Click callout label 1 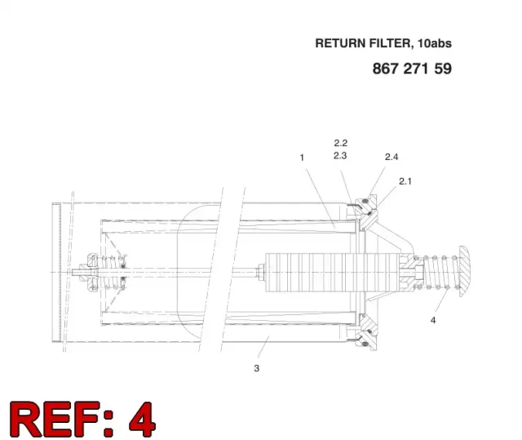(x=302, y=158)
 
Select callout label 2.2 (x=341, y=143)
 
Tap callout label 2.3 (x=340, y=156)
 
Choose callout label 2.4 (x=391, y=157)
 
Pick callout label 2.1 (x=405, y=181)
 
